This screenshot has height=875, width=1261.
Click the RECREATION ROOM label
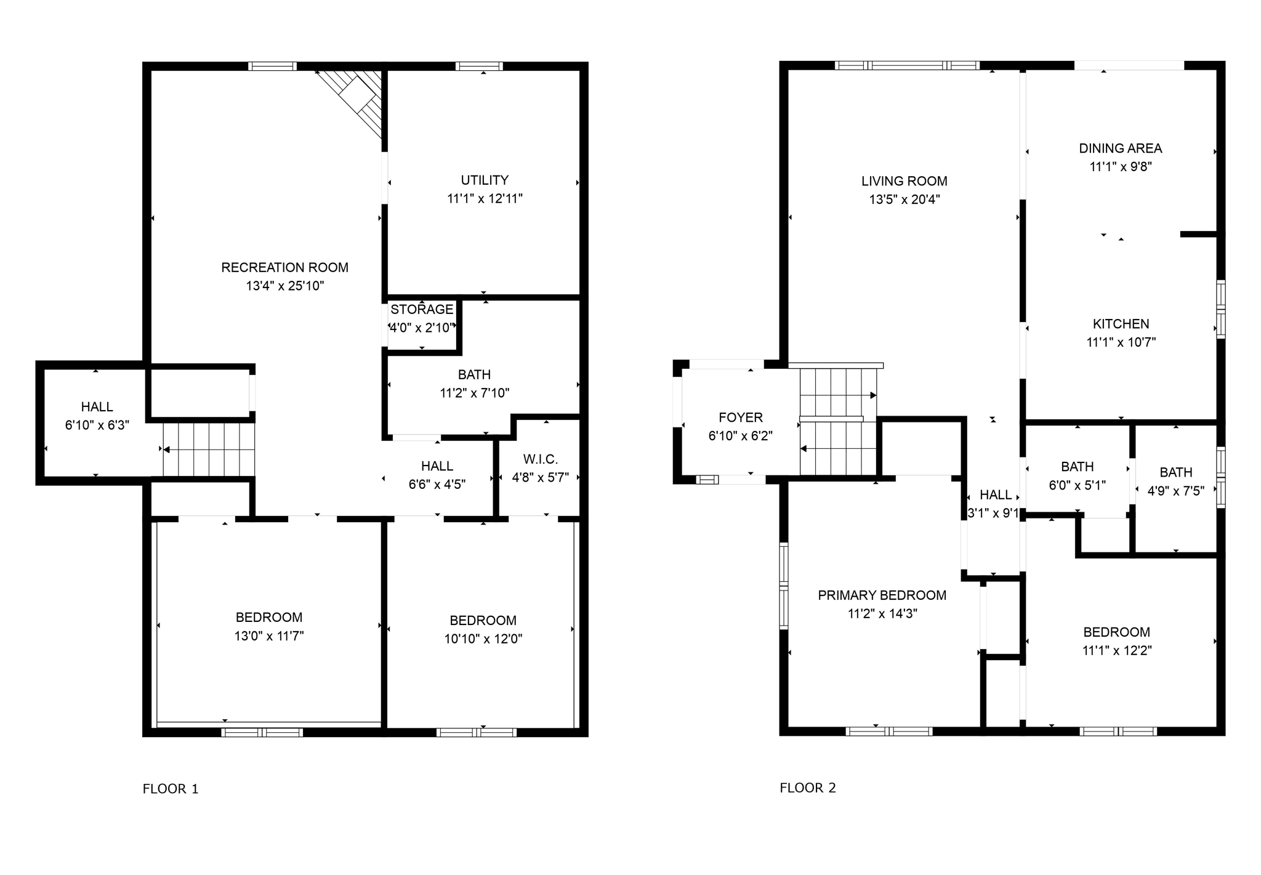(284, 267)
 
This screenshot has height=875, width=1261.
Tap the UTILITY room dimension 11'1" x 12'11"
(485, 198)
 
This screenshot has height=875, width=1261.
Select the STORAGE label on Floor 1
(422, 309)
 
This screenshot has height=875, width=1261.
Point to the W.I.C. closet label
(540, 459)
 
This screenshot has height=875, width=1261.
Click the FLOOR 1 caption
(171, 789)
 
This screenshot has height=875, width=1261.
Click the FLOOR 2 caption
(808, 788)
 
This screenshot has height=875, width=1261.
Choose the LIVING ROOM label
(904, 181)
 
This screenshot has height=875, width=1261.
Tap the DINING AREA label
(1120, 148)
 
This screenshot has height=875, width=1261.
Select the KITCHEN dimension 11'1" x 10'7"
(1121, 342)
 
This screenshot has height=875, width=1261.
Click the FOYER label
(740, 417)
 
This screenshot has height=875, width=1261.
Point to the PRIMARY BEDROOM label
(882, 595)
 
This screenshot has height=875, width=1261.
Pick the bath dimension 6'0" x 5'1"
(1077, 485)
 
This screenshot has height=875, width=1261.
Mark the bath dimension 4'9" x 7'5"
(1175, 491)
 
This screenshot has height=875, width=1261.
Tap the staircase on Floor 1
(209, 450)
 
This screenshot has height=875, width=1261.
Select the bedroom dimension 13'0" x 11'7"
(269, 636)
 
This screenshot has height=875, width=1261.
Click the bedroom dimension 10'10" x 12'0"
(483, 639)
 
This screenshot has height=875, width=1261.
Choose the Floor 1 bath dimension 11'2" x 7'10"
(474, 393)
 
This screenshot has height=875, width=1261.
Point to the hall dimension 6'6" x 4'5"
(437, 485)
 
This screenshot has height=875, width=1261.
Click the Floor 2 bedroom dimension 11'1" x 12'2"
(1116, 650)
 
